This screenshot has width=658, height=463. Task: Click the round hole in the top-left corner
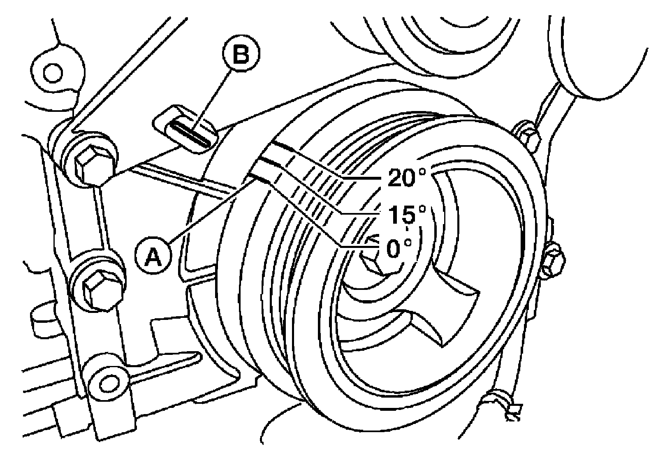[x=53, y=73]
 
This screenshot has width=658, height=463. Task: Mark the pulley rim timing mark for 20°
[x=284, y=147]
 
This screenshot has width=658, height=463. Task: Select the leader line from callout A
[x=210, y=210]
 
